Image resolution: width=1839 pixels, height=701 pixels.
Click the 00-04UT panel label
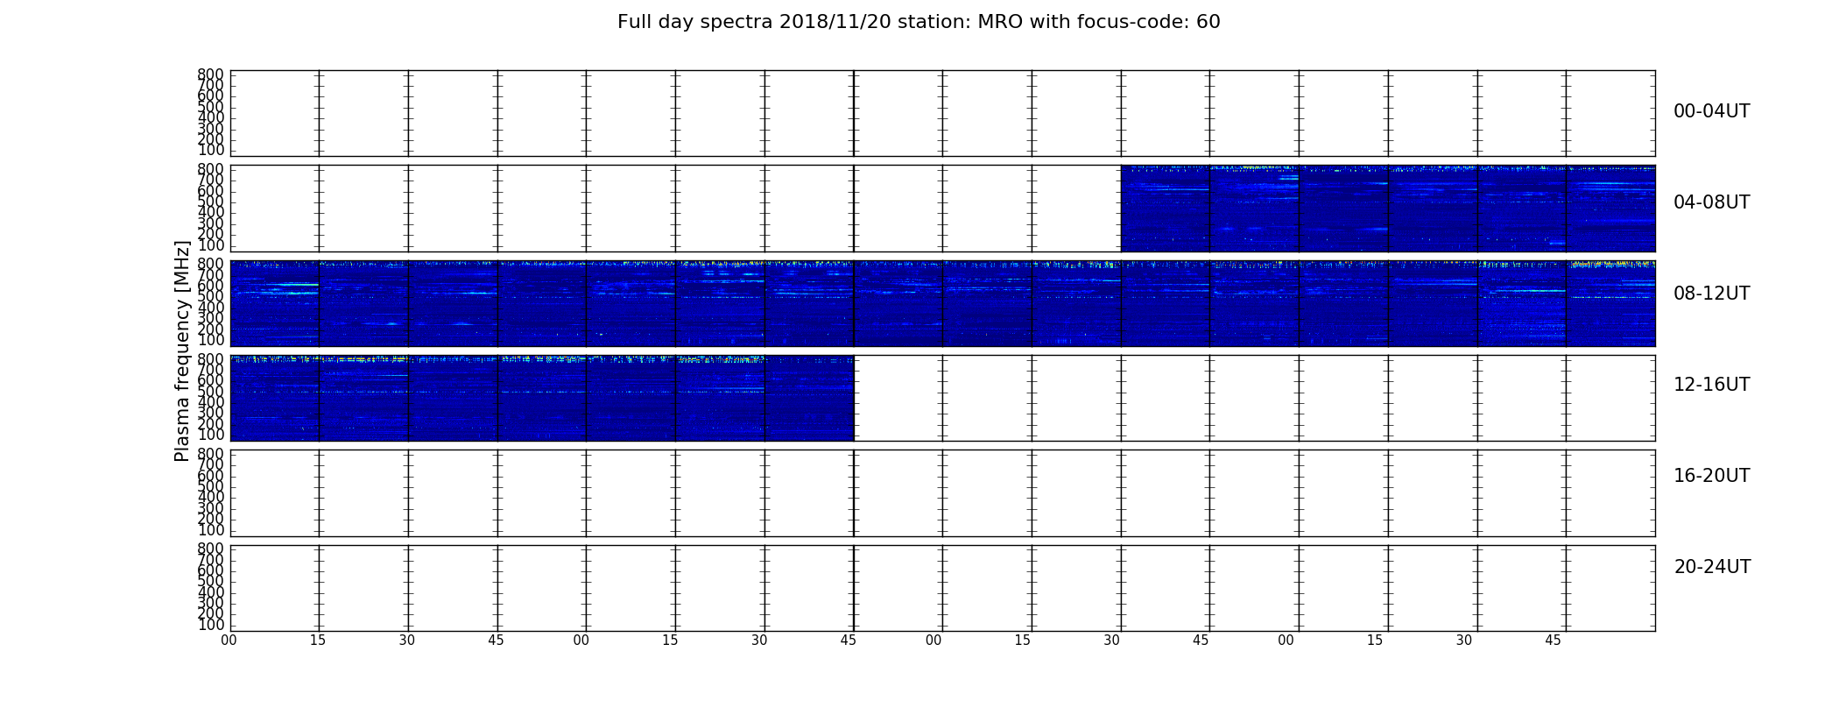coord(1711,111)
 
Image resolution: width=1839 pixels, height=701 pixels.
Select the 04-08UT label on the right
coord(1711,202)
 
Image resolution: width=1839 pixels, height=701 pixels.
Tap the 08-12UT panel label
coord(1711,294)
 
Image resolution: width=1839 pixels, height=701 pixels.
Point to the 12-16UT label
coord(1711,385)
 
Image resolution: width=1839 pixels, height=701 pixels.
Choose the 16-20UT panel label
coord(1711,476)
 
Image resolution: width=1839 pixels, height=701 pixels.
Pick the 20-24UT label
coord(1712,567)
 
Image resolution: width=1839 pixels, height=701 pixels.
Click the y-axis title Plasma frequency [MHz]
coord(182,350)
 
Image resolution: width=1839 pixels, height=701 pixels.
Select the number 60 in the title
coord(1208,22)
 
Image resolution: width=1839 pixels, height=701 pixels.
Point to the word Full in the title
coord(633,22)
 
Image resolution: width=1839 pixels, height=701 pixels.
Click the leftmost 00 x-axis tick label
coord(229,641)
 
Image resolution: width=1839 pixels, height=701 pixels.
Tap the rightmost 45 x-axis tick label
coord(1553,641)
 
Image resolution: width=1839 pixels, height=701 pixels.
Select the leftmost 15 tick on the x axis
coord(318,641)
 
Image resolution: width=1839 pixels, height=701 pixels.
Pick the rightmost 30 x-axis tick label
coord(1464,641)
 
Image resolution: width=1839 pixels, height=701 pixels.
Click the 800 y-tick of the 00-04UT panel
coord(210,74)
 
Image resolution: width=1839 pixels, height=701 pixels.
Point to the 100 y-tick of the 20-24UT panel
coord(210,625)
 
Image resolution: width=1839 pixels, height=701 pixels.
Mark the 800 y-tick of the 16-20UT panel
coord(210,454)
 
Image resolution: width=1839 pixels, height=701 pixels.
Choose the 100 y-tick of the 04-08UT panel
coord(210,244)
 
